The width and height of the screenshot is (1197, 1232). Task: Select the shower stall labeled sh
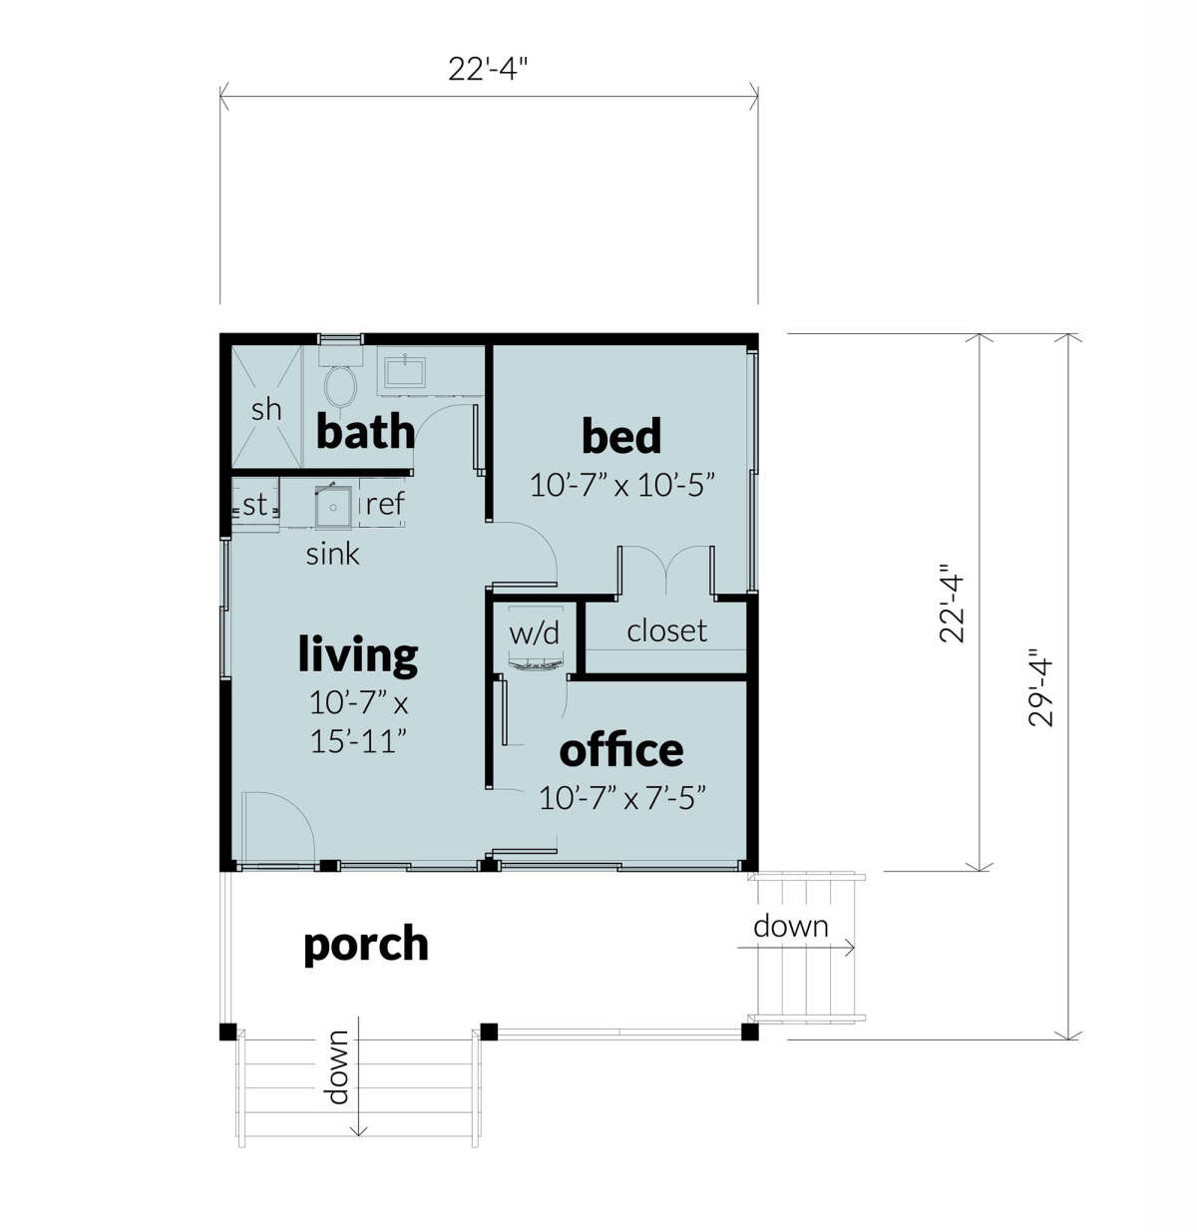(x=266, y=408)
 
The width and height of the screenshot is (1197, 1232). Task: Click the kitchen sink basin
(x=333, y=507)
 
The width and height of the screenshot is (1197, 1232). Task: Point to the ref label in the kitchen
(x=384, y=504)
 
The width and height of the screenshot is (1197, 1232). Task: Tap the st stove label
(x=255, y=505)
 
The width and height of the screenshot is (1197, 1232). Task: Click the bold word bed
(x=620, y=437)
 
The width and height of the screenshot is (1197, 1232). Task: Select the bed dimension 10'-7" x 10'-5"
(x=622, y=486)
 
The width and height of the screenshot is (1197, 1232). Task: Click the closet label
(x=666, y=630)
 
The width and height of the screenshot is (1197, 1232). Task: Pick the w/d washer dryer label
(x=535, y=633)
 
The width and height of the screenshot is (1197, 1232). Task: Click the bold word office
(x=621, y=750)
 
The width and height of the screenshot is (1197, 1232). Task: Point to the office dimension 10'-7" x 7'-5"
(x=622, y=798)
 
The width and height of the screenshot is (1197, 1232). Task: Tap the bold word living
(x=358, y=655)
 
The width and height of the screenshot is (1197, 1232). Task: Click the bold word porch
(x=366, y=944)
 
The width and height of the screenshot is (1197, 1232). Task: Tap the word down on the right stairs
(x=790, y=927)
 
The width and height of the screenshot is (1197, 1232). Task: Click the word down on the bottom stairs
(x=338, y=1067)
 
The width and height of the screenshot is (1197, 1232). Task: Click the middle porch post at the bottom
(x=488, y=1030)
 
